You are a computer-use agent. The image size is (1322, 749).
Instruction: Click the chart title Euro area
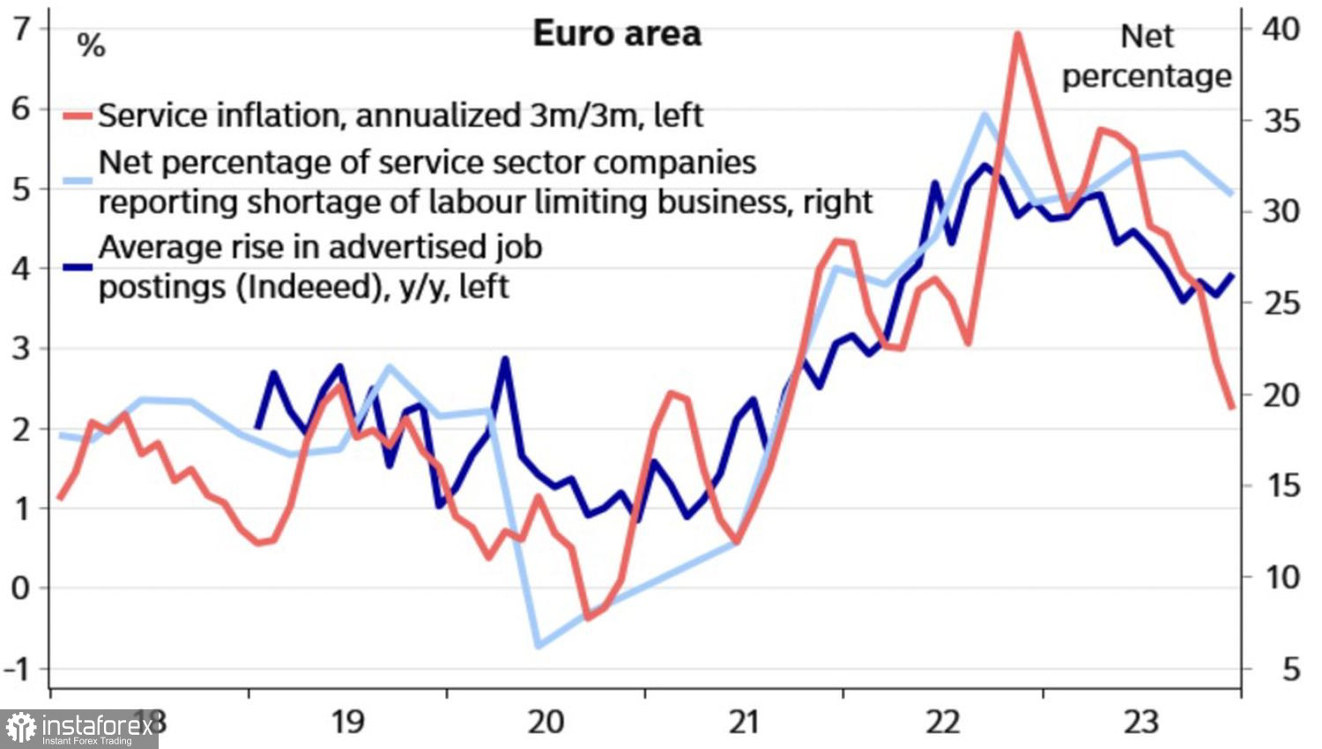point(617,34)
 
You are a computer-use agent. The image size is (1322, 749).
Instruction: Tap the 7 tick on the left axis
point(21,29)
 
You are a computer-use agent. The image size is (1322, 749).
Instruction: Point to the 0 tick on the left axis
point(21,588)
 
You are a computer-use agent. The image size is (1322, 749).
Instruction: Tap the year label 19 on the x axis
point(347,722)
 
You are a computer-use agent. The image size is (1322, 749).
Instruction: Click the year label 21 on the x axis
point(744,722)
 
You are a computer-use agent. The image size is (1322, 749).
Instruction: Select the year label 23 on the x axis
point(1140,722)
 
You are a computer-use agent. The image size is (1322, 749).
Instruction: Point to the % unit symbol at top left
point(91,45)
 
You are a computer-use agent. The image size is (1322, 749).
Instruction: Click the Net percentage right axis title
point(1147,56)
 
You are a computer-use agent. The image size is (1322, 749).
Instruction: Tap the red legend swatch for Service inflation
point(78,116)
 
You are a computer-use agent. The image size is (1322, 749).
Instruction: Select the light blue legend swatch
point(78,182)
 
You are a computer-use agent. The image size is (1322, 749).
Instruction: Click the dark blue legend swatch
point(78,265)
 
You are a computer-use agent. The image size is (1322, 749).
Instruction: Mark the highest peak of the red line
point(1017,34)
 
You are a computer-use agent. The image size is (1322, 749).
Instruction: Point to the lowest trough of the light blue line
point(538,646)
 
